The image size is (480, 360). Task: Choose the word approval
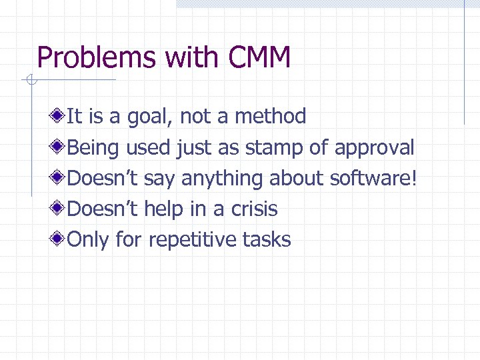pyautogui.click(x=374, y=148)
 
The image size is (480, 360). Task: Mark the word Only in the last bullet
pyautogui.click(x=89, y=240)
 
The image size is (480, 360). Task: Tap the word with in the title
pyautogui.click(x=186, y=58)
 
